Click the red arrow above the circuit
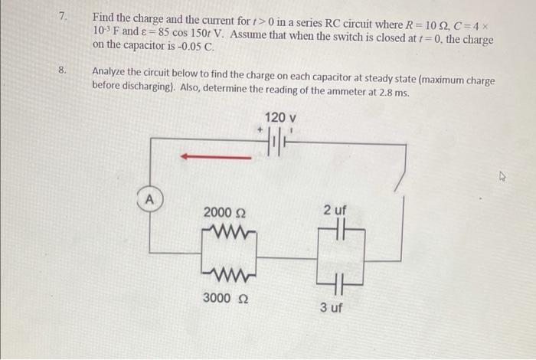215,157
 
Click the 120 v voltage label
280,118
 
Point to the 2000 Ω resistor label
224,212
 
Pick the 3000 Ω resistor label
224,297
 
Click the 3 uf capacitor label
331,307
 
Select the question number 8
62,70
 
